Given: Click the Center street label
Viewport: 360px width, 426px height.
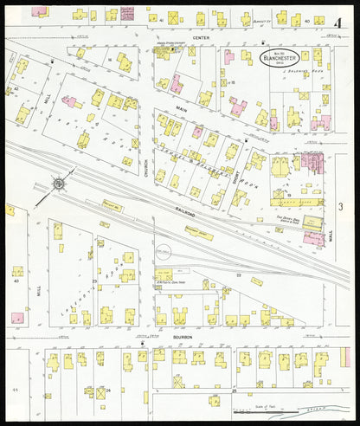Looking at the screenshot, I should [201, 38].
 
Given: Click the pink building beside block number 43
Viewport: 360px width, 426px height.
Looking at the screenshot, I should [17, 318].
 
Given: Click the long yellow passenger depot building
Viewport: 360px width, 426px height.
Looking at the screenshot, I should [198, 233].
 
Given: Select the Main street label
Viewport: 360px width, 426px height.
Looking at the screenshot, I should [183, 108].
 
